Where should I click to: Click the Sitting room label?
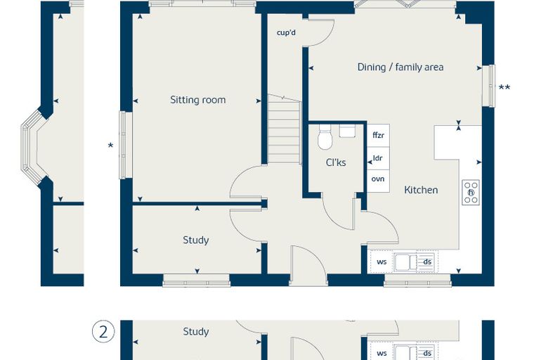[x=198, y=100]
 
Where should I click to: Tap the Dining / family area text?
[x=400, y=67]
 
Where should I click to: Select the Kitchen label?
[x=421, y=190]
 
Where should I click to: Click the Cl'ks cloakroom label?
[x=336, y=162]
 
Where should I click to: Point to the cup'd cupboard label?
[x=286, y=33]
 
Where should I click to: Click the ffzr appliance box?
[x=378, y=135]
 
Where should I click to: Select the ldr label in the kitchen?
[x=378, y=158]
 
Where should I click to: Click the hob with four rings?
[x=471, y=192]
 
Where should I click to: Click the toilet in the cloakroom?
[x=325, y=137]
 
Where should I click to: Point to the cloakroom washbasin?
[x=347, y=131]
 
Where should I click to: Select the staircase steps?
[x=285, y=129]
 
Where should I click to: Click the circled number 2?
[x=103, y=332]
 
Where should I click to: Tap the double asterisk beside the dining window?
[x=504, y=88]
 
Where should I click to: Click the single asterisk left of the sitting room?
[x=110, y=146]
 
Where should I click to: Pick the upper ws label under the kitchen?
[x=382, y=262]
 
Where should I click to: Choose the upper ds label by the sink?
[x=427, y=262]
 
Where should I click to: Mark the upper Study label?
[x=196, y=240]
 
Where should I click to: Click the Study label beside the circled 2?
[x=196, y=331]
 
